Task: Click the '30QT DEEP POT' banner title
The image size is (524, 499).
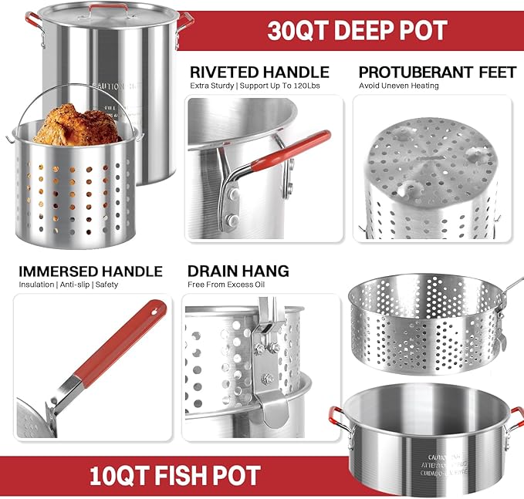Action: [357, 30]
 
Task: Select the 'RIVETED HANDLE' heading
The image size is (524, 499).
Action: [259, 72]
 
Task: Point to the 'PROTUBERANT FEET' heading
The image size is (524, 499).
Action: [437, 72]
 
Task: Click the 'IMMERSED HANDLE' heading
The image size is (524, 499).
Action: [91, 271]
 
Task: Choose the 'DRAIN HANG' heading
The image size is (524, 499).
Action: [238, 271]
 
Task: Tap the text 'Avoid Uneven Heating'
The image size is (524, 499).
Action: [399, 86]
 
